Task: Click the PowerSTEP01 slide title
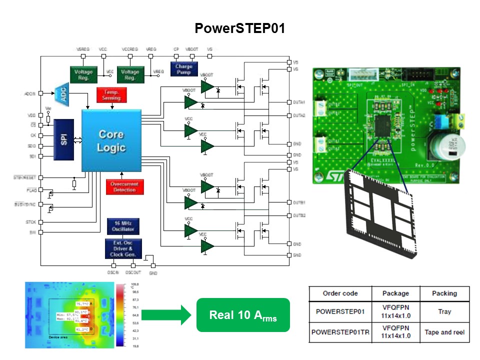pos(240,28)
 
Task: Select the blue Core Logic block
pos(111,141)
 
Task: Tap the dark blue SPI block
pos(63,139)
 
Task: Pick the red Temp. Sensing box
pos(111,95)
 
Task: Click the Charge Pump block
pos(183,69)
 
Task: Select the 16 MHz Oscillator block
pos(123,226)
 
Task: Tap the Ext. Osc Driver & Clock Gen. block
pos(123,248)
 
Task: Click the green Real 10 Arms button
pos(243,315)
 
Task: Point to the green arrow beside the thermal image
pos(165,315)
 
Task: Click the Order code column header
pos(340,293)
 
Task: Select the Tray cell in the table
pos(444,311)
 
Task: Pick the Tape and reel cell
pos(444,332)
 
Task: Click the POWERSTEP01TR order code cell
pos(340,332)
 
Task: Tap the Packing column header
pos(444,293)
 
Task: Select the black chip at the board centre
pos(384,123)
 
